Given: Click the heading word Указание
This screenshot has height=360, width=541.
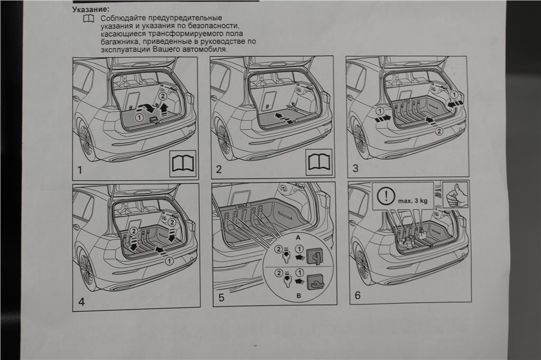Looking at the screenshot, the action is point(91,10).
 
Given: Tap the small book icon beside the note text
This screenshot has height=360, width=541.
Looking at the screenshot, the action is point(88,18).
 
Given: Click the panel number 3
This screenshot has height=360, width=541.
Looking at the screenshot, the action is point(356,168).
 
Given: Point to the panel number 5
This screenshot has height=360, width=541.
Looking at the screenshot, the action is point(221,298).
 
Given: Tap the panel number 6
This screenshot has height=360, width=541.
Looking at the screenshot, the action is point(357,296).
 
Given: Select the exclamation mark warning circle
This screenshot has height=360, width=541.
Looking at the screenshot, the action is point(387,197).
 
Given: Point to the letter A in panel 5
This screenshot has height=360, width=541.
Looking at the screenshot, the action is point(299,238).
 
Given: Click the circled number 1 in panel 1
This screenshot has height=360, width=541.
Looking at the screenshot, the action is point(139,117).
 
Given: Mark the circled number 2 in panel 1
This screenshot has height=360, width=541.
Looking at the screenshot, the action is point(163,96).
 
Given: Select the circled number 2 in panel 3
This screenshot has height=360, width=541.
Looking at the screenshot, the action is point(439,132).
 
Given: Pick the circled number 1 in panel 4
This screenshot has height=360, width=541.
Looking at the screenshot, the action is point(169,260).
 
